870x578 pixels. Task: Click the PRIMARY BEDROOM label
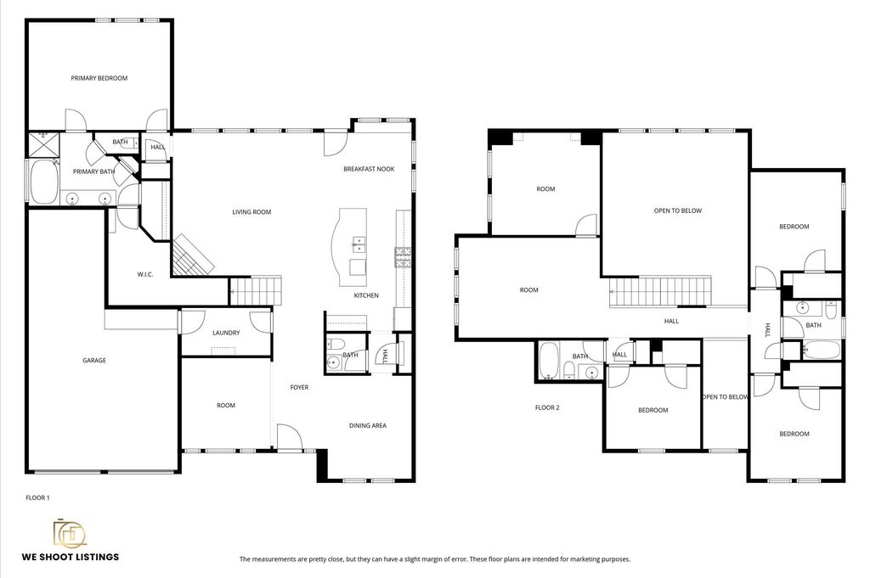(x=99, y=78)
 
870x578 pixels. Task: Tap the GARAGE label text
(x=94, y=360)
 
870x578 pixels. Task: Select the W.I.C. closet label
(x=145, y=274)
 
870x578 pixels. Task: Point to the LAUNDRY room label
(x=226, y=333)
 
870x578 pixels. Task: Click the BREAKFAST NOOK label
(x=369, y=169)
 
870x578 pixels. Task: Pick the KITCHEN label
(x=366, y=295)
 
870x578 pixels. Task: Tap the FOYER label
(x=300, y=387)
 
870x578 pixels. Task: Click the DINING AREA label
(x=368, y=425)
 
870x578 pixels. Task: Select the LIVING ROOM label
(x=251, y=211)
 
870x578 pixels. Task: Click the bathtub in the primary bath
(x=43, y=182)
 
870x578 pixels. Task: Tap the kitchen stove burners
(x=403, y=256)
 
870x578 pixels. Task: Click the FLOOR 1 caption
(x=37, y=497)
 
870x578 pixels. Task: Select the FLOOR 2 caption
(x=547, y=407)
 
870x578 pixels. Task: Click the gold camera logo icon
(x=70, y=533)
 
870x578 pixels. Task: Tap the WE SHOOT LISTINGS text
(x=71, y=557)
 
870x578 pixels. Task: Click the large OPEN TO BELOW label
(x=678, y=210)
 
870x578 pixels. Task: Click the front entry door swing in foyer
(x=290, y=436)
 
